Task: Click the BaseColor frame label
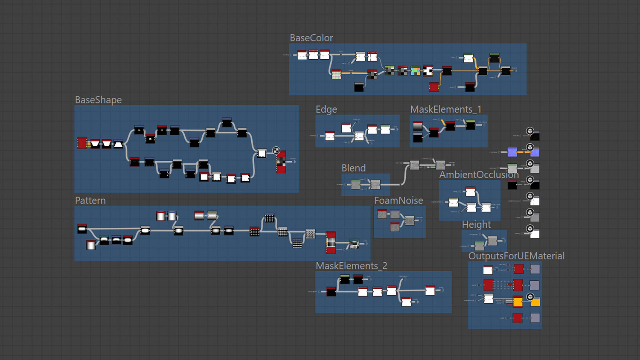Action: click(x=311, y=38)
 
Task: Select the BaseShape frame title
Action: click(x=98, y=100)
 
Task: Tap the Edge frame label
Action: click(x=326, y=110)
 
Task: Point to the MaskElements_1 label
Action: click(x=445, y=110)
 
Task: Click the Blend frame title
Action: click(x=353, y=168)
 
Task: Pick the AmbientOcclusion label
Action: click(x=479, y=175)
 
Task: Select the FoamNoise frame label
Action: click(x=399, y=200)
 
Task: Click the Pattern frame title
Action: click(x=90, y=200)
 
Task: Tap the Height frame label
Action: click(x=476, y=225)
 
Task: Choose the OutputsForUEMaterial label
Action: click(x=516, y=256)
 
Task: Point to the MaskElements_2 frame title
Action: click(x=351, y=266)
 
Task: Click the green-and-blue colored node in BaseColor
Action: click(x=415, y=71)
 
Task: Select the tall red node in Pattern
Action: click(x=331, y=243)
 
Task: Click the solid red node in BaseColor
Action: click(x=434, y=87)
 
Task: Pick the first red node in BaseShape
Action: click(x=82, y=143)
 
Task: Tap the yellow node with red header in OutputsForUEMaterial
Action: click(x=518, y=302)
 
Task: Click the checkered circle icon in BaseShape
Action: click(x=276, y=151)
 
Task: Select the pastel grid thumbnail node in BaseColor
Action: click(x=336, y=75)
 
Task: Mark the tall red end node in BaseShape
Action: click(x=281, y=162)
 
